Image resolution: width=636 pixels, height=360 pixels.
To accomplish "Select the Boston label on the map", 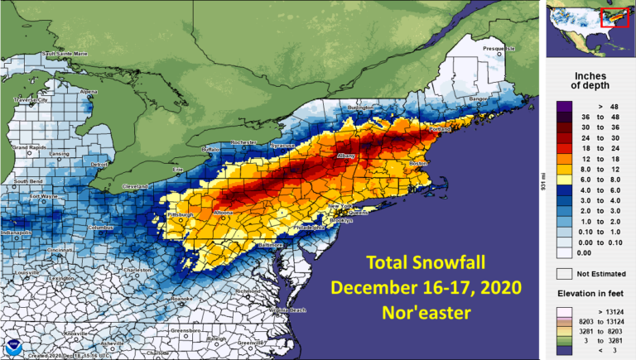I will coord(418,164).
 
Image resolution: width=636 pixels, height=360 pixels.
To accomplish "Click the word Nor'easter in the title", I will coord(424,314).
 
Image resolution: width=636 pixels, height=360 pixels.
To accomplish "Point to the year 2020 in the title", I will coord(497,288).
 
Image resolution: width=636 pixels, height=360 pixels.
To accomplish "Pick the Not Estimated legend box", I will coord(562,271).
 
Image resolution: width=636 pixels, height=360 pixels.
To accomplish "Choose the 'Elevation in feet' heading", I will coord(590,293).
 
